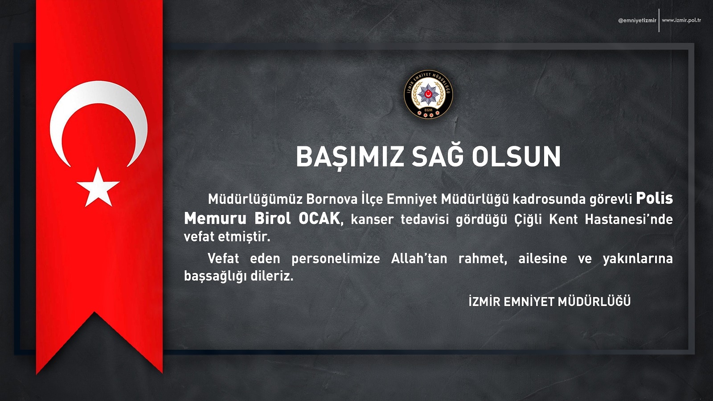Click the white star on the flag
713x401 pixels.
click(98, 188)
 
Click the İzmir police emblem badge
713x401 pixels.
click(428, 95)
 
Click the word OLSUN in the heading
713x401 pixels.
click(516, 157)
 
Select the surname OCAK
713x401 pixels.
click(319, 219)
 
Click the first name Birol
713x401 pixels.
click(272, 219)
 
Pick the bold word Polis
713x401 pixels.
click(654, 198)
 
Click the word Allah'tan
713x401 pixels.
click(419, 258)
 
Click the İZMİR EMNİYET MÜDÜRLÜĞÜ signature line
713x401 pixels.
click(549, 301)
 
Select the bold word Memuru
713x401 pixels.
click(215, 219)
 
